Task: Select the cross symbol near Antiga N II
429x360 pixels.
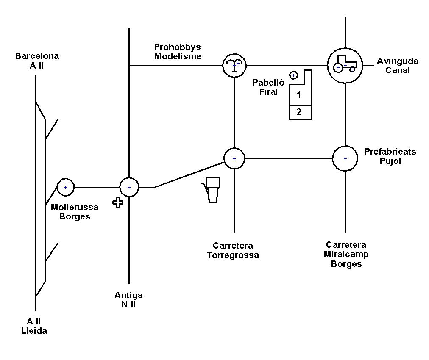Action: pos(118,202)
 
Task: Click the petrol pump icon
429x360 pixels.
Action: pos(211,190)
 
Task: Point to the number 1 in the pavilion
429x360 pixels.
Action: pos(299,95)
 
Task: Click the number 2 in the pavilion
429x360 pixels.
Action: pos(299,111)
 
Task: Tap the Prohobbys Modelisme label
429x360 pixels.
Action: pos(178,52)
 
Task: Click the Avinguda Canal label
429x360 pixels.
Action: pos(398,66)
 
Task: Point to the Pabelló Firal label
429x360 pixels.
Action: pos(268,87)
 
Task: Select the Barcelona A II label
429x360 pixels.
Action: pos(37,61)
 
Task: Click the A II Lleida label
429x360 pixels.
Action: pos(34,326)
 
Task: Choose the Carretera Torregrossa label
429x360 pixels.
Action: pos(233,250)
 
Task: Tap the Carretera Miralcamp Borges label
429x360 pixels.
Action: pos(346,254)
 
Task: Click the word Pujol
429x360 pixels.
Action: pos(390,161)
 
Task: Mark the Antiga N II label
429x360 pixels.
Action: pos(128,300)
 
